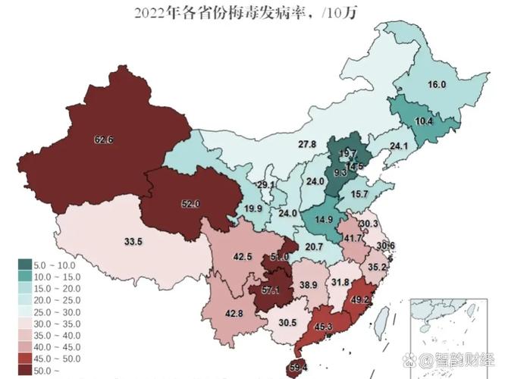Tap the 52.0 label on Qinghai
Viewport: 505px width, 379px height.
[190, 203]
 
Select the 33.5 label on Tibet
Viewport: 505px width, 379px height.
[133, 242]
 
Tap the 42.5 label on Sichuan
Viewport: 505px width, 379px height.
[243, 257]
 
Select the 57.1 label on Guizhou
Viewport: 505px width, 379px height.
[271, 290]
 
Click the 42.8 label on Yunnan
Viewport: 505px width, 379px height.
[234, 314]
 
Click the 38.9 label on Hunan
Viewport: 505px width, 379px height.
[307, 284]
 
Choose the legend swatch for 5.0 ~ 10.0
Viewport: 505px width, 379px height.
[25, 265]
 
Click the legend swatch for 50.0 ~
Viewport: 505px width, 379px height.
[25, 371]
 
